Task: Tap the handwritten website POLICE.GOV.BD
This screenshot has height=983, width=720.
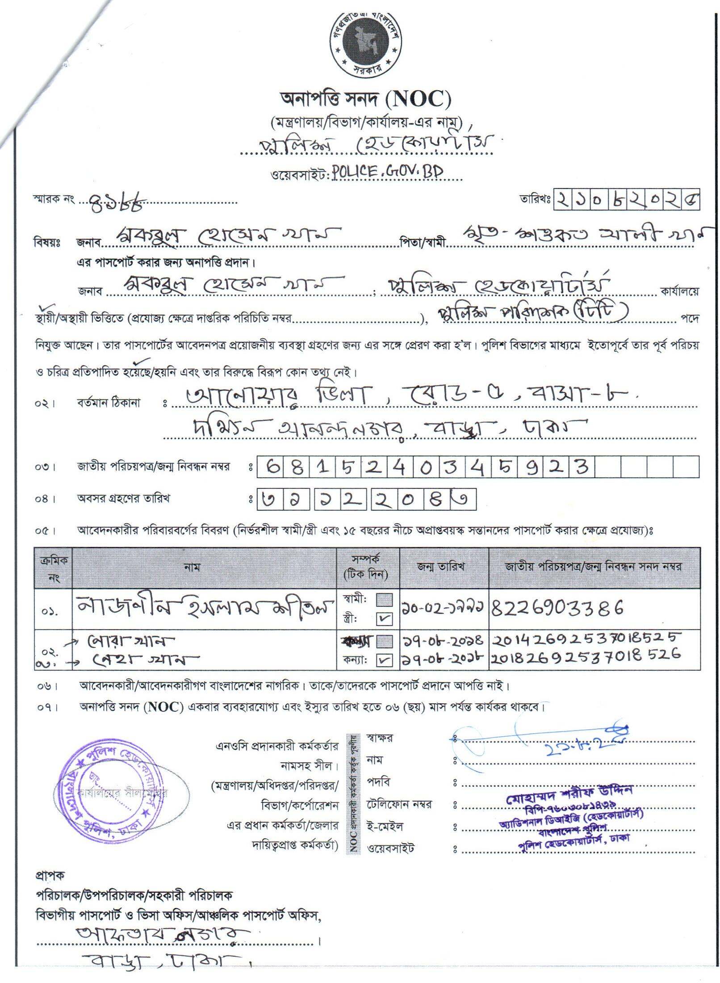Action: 388,172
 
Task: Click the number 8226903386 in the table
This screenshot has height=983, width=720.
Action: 557,607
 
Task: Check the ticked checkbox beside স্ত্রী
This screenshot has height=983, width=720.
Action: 384,618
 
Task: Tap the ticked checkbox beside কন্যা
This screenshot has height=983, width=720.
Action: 384,660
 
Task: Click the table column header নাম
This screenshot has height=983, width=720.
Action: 192,567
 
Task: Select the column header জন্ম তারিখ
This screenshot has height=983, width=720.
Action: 441,566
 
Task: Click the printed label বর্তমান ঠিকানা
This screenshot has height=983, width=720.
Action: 109,403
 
